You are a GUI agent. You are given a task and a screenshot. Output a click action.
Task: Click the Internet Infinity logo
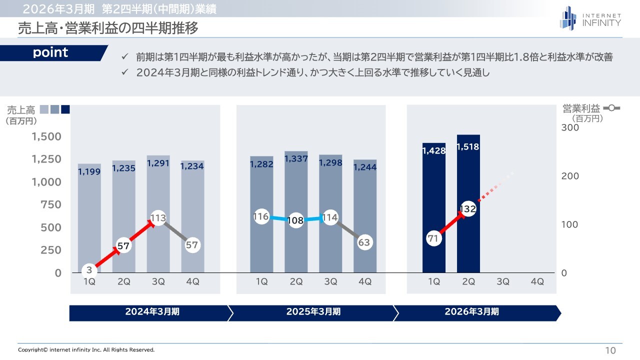590,18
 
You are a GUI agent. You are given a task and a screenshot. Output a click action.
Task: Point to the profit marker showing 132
467,209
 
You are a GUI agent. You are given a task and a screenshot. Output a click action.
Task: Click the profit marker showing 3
89,270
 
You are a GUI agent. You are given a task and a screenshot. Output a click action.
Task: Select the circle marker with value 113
158,218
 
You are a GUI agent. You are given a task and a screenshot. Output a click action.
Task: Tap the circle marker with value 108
296,220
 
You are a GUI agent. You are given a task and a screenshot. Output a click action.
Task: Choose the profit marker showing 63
365,242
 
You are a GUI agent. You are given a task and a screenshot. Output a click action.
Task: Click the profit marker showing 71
433,238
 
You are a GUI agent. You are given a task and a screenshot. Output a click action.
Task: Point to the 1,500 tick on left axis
47,136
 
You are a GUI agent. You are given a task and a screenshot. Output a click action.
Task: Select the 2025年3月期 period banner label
313,311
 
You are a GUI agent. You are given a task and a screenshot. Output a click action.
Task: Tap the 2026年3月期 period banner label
471,311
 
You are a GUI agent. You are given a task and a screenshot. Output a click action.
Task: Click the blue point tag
51,53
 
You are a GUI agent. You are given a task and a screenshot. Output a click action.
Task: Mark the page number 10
610,350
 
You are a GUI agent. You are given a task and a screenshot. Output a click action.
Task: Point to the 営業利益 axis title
581,108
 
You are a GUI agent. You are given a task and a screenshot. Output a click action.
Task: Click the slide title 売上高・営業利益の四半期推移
108,28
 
